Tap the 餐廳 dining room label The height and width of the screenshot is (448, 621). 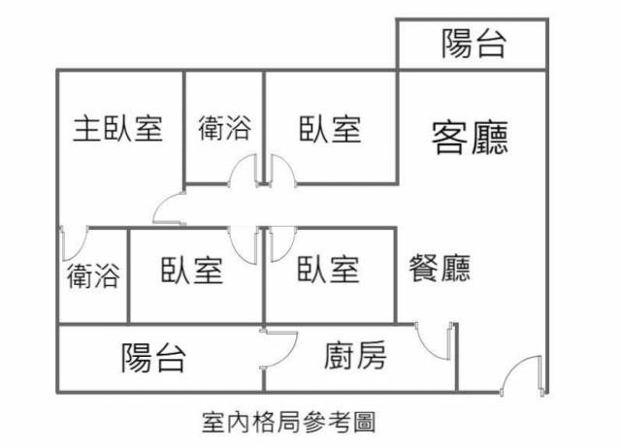pyautogui.click(x=441, y=268)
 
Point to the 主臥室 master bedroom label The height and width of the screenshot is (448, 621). pyautogui.click(x=117, y=129)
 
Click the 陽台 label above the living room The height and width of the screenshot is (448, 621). pyautogui.click(x=473, y=44)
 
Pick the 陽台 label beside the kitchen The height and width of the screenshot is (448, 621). pyautogui.click(x=153, y=358)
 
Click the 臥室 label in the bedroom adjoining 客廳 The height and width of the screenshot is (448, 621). pyautogui.click(x=329, y=129)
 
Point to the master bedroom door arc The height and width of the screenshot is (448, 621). pyautogui.click(x=169, y=208)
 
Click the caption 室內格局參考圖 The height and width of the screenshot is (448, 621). pyautogui.click(x=288, y=422)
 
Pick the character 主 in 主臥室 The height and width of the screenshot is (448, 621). pyautogui.click(x=87, y=129)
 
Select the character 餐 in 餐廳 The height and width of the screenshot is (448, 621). pyautogui.click(x=425, y=268)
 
